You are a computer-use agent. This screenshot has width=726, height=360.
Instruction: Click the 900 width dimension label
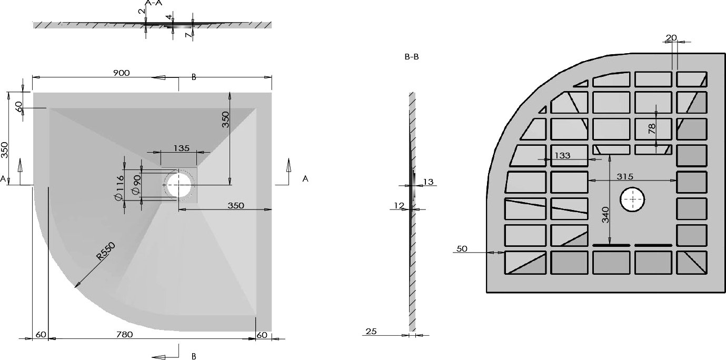tap(122, 73)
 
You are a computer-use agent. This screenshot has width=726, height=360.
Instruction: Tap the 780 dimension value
tap(124, 334)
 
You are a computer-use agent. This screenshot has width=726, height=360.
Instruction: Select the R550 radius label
tap(106, 252)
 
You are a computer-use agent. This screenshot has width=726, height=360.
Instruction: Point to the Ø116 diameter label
tap(120, 187)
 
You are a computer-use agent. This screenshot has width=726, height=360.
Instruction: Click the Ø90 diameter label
tap(136, 185)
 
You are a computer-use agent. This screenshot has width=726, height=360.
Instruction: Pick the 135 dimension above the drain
tap(181, 148)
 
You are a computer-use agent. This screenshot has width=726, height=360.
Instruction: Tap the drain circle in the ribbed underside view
tap(632, 199)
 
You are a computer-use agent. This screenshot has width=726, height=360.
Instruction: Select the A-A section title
tap(154, 3)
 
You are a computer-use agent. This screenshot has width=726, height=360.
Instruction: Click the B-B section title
tap(412, 57)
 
